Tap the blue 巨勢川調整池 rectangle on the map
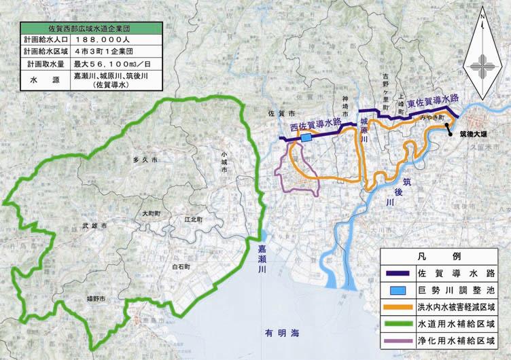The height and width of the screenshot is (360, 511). pyautogui.click(x=306, y=138)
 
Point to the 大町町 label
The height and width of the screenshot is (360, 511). pyautogui.click(x=151, y=213)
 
